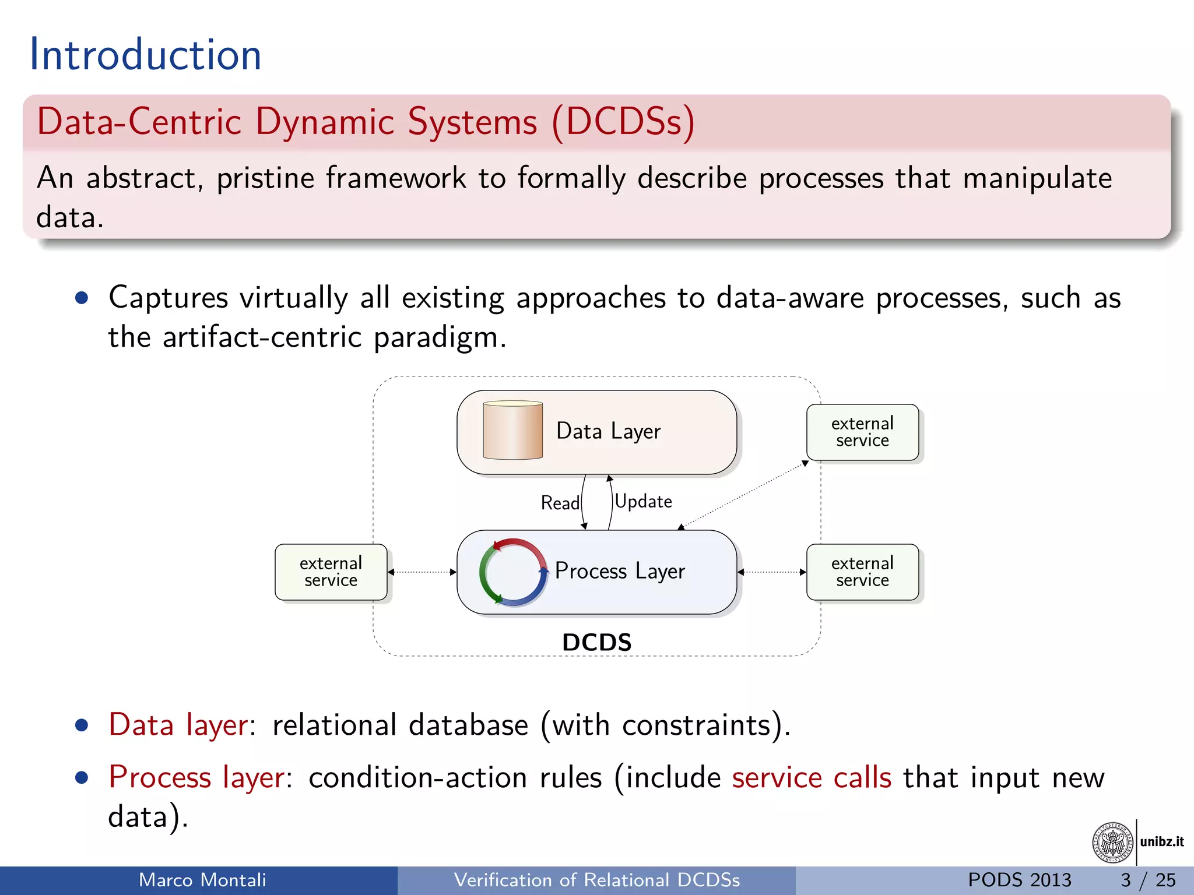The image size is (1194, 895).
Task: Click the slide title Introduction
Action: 145,55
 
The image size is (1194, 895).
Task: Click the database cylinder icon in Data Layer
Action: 512,431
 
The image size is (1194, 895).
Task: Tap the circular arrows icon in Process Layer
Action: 512,572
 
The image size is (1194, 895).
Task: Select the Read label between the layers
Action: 560,503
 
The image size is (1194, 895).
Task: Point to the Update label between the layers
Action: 643,501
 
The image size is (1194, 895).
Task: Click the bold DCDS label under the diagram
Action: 596,642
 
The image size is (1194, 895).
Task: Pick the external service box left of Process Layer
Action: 331,572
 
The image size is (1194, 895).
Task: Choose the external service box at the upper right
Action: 862,432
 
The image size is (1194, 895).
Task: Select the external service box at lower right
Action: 862,572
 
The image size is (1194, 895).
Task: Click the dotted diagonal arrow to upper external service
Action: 745,495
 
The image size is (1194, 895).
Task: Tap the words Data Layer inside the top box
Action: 608,431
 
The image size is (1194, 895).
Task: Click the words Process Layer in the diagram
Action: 619,571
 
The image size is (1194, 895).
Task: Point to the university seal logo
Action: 1112,842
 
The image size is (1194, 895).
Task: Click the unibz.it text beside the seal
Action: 1161,841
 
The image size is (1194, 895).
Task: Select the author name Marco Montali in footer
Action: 202,880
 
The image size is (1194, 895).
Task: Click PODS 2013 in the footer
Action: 1019,880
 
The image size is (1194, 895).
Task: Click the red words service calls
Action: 812,778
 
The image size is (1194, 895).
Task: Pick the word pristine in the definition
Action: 265,178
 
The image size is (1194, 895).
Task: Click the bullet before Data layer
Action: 82,725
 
